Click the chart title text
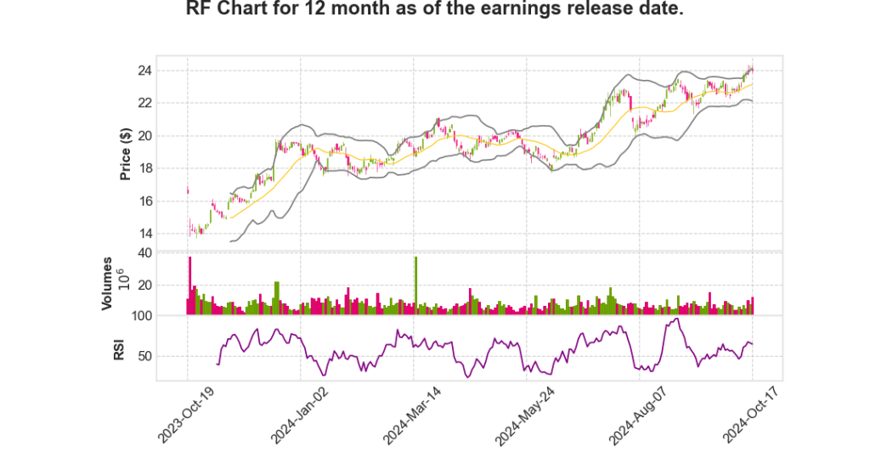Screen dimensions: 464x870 click(435, 11)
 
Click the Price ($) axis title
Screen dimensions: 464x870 click(126, 153)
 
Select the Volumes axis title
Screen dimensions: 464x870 click(107, 282)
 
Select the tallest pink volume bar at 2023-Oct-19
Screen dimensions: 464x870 click(190, 286)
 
